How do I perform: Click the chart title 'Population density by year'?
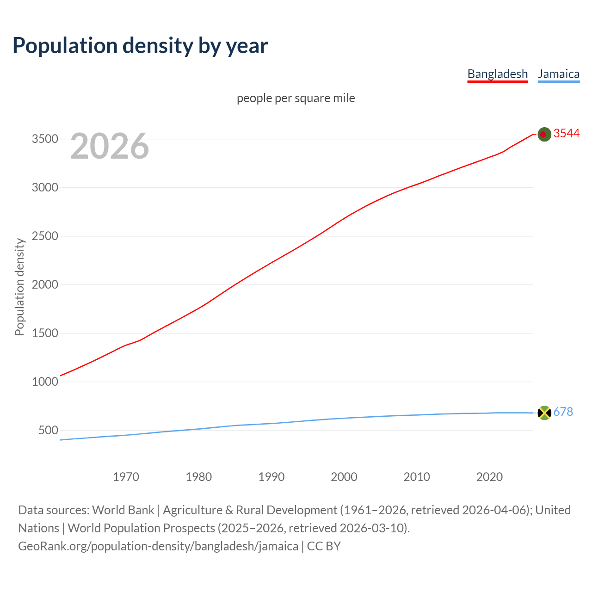click(x=140, y=45)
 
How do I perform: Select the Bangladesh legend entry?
click(x=497, y=74)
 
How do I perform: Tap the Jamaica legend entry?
click(x=558, y=74)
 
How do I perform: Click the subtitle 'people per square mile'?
click(x=296, y=98)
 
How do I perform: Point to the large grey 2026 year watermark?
click(x=110, y=146)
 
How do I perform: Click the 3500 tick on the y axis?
click(x=45, y=139)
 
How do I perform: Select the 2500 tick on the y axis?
click(x=45, y=236)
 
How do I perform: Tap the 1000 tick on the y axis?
click(x=45, y=382)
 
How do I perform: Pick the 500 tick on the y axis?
click(x=48, y=431)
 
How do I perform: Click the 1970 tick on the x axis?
click(x=126, y=477)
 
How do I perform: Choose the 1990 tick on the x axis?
click(x=271, y=477)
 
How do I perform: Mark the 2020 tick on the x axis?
click(x=489, y=477)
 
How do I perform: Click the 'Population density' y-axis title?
click(x=19, y=287)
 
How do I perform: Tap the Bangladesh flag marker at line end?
click(x=544, y=134)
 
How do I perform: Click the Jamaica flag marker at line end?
click(x=544, y=413)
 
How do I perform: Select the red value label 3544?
click(x=567, y=133)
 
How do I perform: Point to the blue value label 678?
click(x=563, y=412)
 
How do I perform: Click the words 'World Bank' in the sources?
click(x=123, y=510)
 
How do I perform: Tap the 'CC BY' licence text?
click(x=324, y=546)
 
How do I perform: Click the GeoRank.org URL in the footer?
click(x=158, y=546)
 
